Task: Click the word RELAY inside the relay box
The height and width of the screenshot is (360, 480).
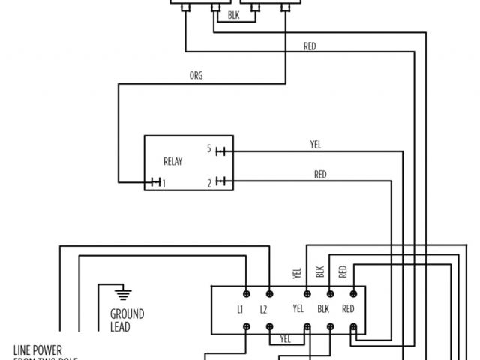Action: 173,161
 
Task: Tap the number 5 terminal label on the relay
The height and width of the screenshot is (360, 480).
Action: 208,149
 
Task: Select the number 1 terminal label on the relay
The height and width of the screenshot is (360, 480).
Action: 164,182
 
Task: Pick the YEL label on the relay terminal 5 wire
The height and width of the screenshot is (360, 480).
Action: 315,145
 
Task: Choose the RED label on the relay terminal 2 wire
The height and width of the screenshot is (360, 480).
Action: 320,175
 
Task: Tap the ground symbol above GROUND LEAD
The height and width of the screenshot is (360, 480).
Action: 118,291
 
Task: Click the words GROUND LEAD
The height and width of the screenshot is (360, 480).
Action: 127,320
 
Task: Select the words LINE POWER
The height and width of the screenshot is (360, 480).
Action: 37,349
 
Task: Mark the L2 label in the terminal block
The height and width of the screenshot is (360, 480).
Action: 263,309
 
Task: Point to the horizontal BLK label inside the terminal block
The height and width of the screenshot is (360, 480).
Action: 324,309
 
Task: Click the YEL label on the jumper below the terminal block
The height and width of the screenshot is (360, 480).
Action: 285,338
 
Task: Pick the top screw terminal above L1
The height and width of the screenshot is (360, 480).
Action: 247,291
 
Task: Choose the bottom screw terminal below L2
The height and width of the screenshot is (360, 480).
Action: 269,326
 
